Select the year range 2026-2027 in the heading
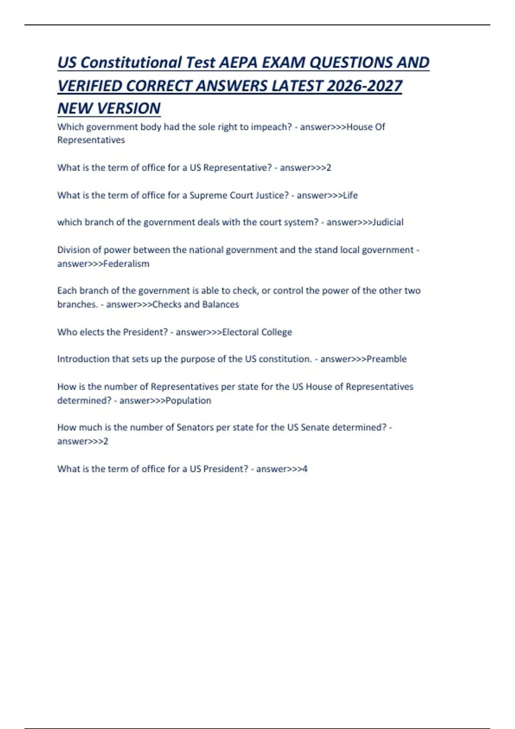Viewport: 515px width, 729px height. (x=364, y=86)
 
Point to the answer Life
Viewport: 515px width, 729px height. (x=350, y=196)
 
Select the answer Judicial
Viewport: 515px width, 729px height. (x=388, y=222)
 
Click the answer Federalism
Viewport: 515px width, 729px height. (x=126, y=264)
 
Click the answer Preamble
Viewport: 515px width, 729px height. (x=386, y=359)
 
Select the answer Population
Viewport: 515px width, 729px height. (x=188, y=401)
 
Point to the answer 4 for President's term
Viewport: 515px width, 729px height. (x=305, y=469)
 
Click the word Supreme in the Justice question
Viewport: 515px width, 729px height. (x=208, y=196)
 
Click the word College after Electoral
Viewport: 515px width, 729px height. (x=276, y=332)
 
